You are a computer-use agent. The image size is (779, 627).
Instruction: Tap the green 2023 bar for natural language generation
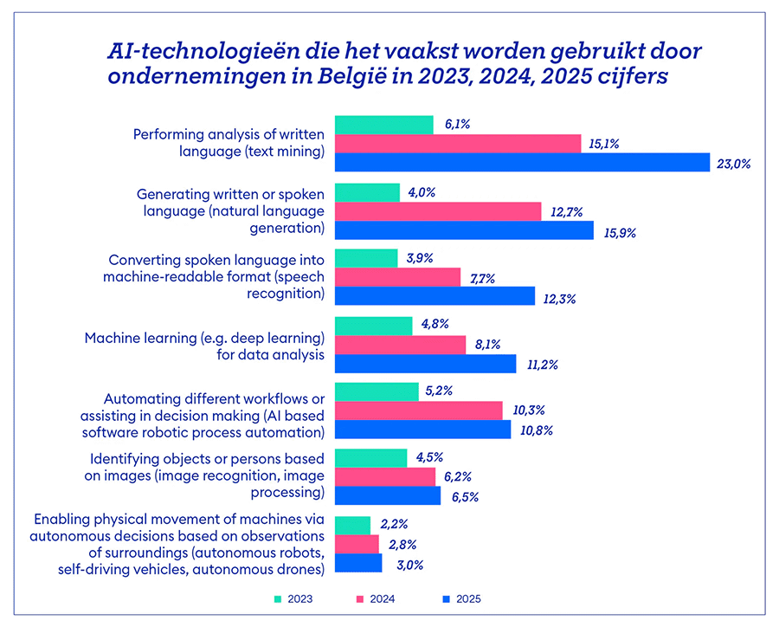point(367,192)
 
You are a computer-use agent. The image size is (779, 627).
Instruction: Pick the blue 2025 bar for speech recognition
point(435,296)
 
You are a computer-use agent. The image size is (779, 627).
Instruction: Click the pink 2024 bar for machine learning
point(399,345)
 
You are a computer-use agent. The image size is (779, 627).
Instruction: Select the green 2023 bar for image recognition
point(370,458)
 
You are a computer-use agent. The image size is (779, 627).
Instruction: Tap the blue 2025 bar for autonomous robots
point(357,563)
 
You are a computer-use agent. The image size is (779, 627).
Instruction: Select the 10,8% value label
point(536,430)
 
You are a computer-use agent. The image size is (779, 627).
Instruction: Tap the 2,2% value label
point(394,525)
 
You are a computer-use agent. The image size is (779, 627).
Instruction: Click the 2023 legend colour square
point(278,598)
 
